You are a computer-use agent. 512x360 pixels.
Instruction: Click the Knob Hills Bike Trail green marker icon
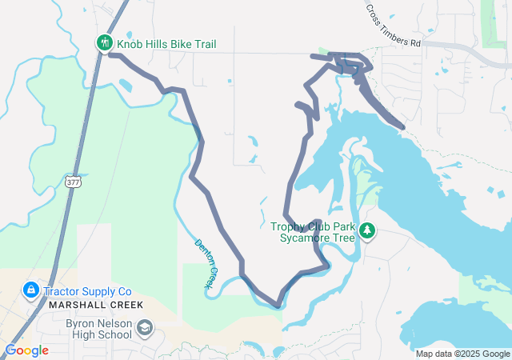(x=104, y=43)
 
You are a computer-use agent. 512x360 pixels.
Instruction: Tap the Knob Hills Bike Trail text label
(x=166, y=44)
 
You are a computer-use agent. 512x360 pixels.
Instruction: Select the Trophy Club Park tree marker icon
(x=367, y=231)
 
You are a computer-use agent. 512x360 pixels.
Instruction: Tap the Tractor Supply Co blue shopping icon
(x=30, y=289)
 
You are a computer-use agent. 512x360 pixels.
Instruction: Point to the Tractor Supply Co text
(x=87, y=291)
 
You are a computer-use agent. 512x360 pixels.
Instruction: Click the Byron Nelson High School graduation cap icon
(x=145, y=329)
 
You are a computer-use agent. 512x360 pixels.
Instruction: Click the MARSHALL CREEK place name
(x=95, y=305)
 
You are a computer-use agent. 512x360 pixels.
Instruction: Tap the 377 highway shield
(x=74, y=181)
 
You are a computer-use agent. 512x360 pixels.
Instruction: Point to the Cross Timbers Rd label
(x=392, y=26)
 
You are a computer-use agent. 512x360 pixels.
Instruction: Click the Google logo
(x=26, y=350)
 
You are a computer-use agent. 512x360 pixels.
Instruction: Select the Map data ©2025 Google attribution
(x=462, y=354)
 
